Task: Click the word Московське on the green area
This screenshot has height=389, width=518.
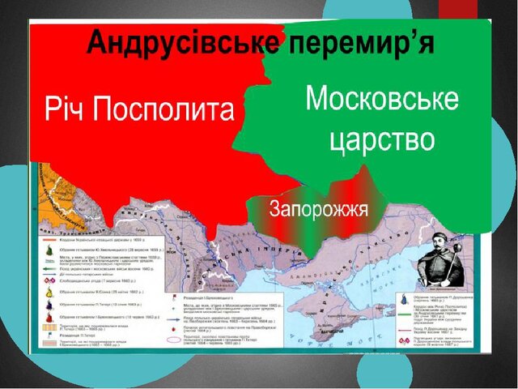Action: click(x=381, y=101)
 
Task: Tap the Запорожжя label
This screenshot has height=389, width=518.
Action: click(x=319, y=210)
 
